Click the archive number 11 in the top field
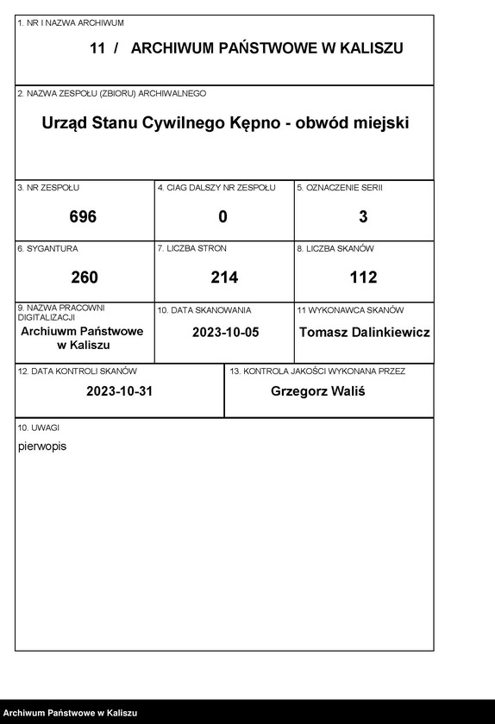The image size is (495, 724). (x=97, y=49)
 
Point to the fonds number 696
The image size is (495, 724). (x=84, y=217)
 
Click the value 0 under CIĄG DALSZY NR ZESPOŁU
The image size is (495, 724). (x=223, y=217)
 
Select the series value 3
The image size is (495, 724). (x=363, y=217)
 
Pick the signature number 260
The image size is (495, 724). (x=84, y=278)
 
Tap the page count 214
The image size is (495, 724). (x=223, y=278)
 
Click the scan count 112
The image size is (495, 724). (x=363, y=278)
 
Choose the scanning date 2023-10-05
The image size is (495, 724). (x=224, y=332)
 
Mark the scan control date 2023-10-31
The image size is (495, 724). (x=119, y=390)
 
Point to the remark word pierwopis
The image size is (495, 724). (x=42, y=446)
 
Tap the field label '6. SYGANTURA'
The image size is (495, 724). (x=47, y=248)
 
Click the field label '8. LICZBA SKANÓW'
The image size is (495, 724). (x=335, y=248)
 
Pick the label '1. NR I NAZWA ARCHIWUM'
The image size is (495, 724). (x=71, y=22)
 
